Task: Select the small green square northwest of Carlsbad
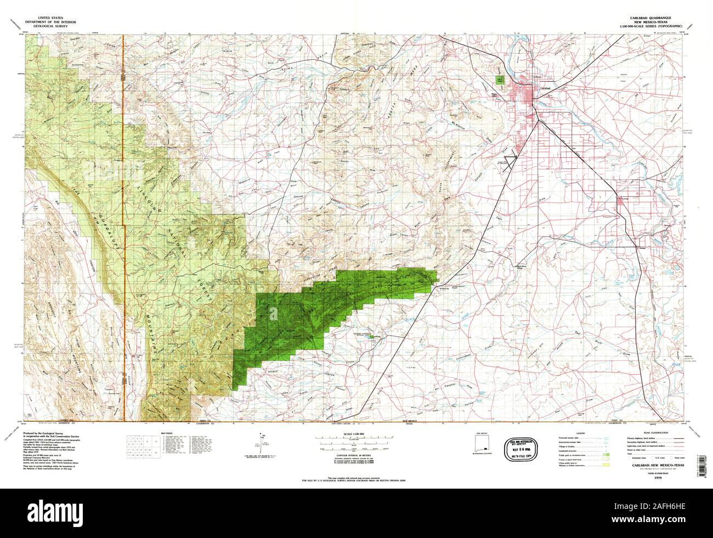(x=499, y=80)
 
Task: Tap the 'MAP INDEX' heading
(x=166, y=433)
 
